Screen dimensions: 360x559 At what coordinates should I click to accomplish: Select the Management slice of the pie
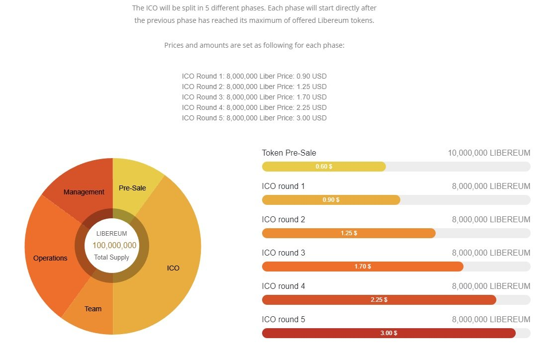84,192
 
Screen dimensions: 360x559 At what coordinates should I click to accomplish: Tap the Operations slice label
50,258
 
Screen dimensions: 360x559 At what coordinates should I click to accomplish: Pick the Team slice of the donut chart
93,309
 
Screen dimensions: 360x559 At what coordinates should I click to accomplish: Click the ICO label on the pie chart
173,268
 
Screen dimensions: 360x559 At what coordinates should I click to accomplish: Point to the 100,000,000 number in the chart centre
114,245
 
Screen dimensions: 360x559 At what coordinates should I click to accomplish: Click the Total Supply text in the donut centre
111,258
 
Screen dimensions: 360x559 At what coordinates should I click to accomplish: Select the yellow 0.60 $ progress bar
324,167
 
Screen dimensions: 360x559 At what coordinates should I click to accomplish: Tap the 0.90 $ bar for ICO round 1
331,200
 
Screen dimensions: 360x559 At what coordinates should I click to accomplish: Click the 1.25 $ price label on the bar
349,233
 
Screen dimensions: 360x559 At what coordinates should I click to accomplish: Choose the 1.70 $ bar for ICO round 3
363,267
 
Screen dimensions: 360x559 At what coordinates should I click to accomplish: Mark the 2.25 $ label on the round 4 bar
379,300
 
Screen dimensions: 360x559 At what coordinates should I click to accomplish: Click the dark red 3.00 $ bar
388,333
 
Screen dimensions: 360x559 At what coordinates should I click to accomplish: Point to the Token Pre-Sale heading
289,153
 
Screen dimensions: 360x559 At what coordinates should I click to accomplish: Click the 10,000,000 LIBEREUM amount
489,153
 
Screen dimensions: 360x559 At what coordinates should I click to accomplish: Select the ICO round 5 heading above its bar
283,320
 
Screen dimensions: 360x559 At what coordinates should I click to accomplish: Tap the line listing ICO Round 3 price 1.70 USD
254,97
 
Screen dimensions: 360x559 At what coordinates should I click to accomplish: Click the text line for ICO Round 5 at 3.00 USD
254,118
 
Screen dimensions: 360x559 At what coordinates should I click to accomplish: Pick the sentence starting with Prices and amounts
254,45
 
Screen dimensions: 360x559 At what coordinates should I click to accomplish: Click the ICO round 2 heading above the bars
283,220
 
